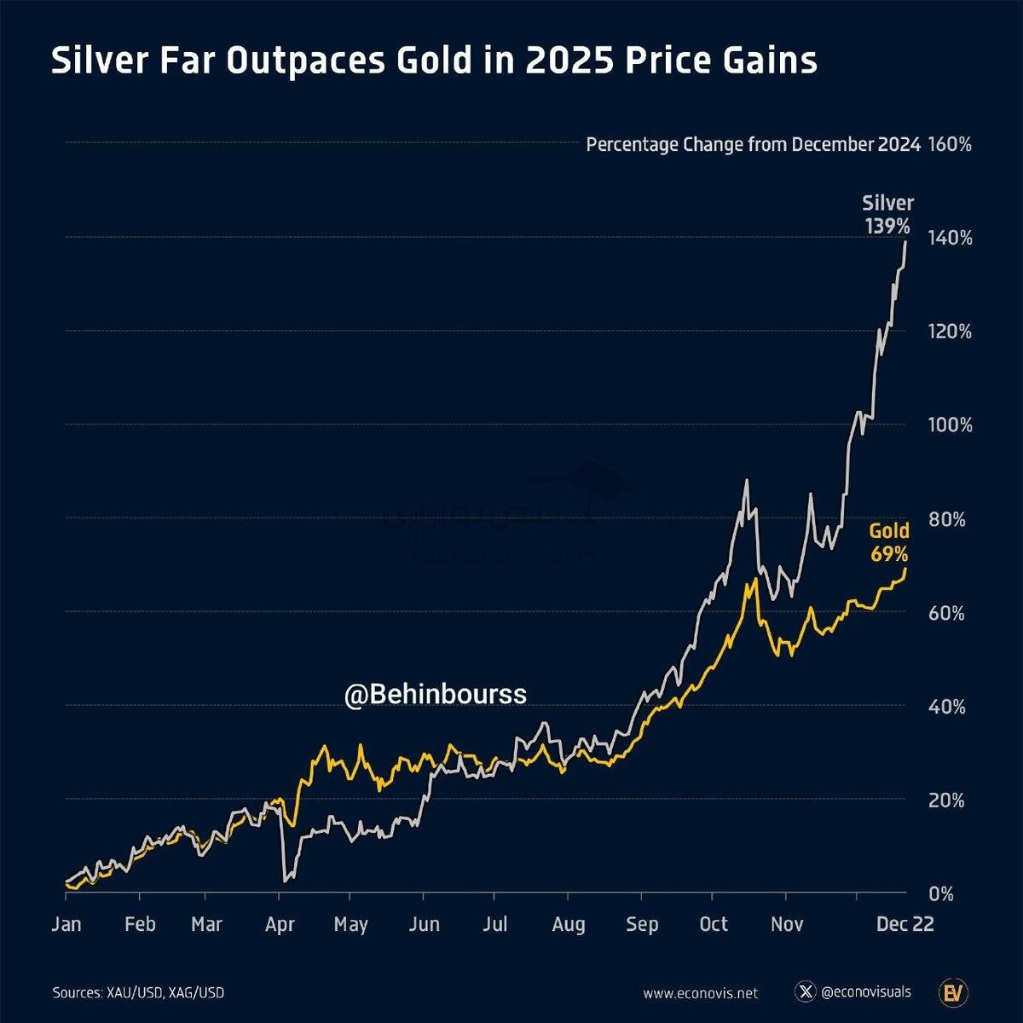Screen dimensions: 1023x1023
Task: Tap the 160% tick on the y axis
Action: [950, 145]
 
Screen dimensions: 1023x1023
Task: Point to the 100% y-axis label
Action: [950, 425]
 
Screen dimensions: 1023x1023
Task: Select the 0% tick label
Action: [941, 894]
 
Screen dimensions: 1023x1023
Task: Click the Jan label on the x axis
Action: [66, 925]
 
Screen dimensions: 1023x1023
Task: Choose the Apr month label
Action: [280, 925]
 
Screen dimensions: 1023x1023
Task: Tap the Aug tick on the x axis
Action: [568, 925]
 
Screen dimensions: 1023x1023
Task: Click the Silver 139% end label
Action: [887, 215]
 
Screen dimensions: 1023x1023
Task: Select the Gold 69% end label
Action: [888, 542]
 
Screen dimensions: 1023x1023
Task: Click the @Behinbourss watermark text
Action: [435, 695]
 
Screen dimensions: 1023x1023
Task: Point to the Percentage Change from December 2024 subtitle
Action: [753, 145]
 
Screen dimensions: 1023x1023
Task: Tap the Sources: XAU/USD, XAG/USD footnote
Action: [138, 993]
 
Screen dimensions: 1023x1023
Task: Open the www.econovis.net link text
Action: [700, 993]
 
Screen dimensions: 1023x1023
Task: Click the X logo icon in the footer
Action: [805, 992]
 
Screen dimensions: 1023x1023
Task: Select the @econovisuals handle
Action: [865, 992]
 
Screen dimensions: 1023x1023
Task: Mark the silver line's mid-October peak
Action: [747, 481]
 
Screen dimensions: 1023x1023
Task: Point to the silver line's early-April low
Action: [284, 880]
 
